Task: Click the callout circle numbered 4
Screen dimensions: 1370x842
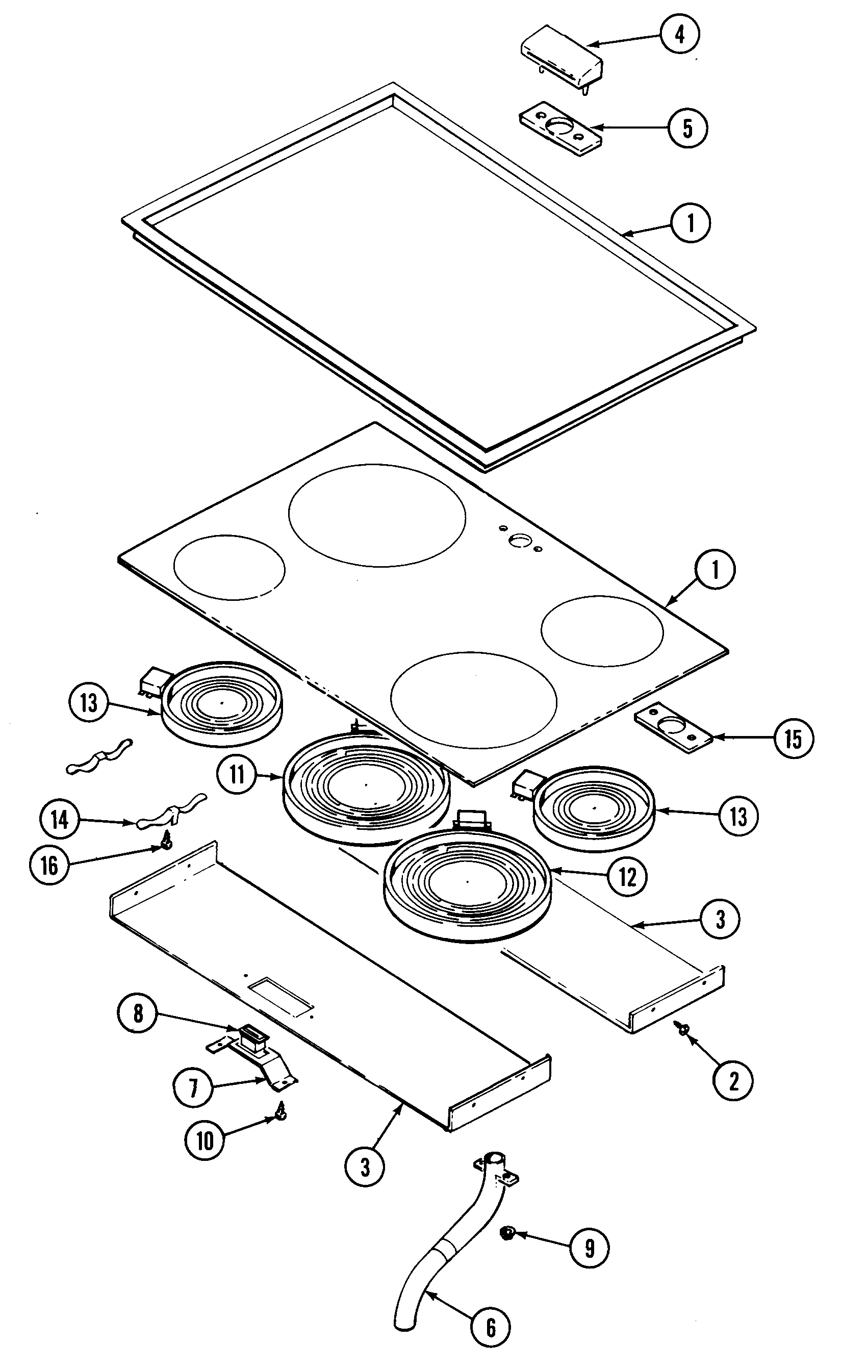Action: [680, 35]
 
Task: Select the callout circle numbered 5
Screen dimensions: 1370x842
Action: [688, 128]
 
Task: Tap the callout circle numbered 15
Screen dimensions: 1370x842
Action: [794, 739]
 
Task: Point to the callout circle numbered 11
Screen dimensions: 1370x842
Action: [238, 775]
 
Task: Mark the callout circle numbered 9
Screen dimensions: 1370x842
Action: [590, 1248]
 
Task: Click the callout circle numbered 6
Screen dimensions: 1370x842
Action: [491, 1327]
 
